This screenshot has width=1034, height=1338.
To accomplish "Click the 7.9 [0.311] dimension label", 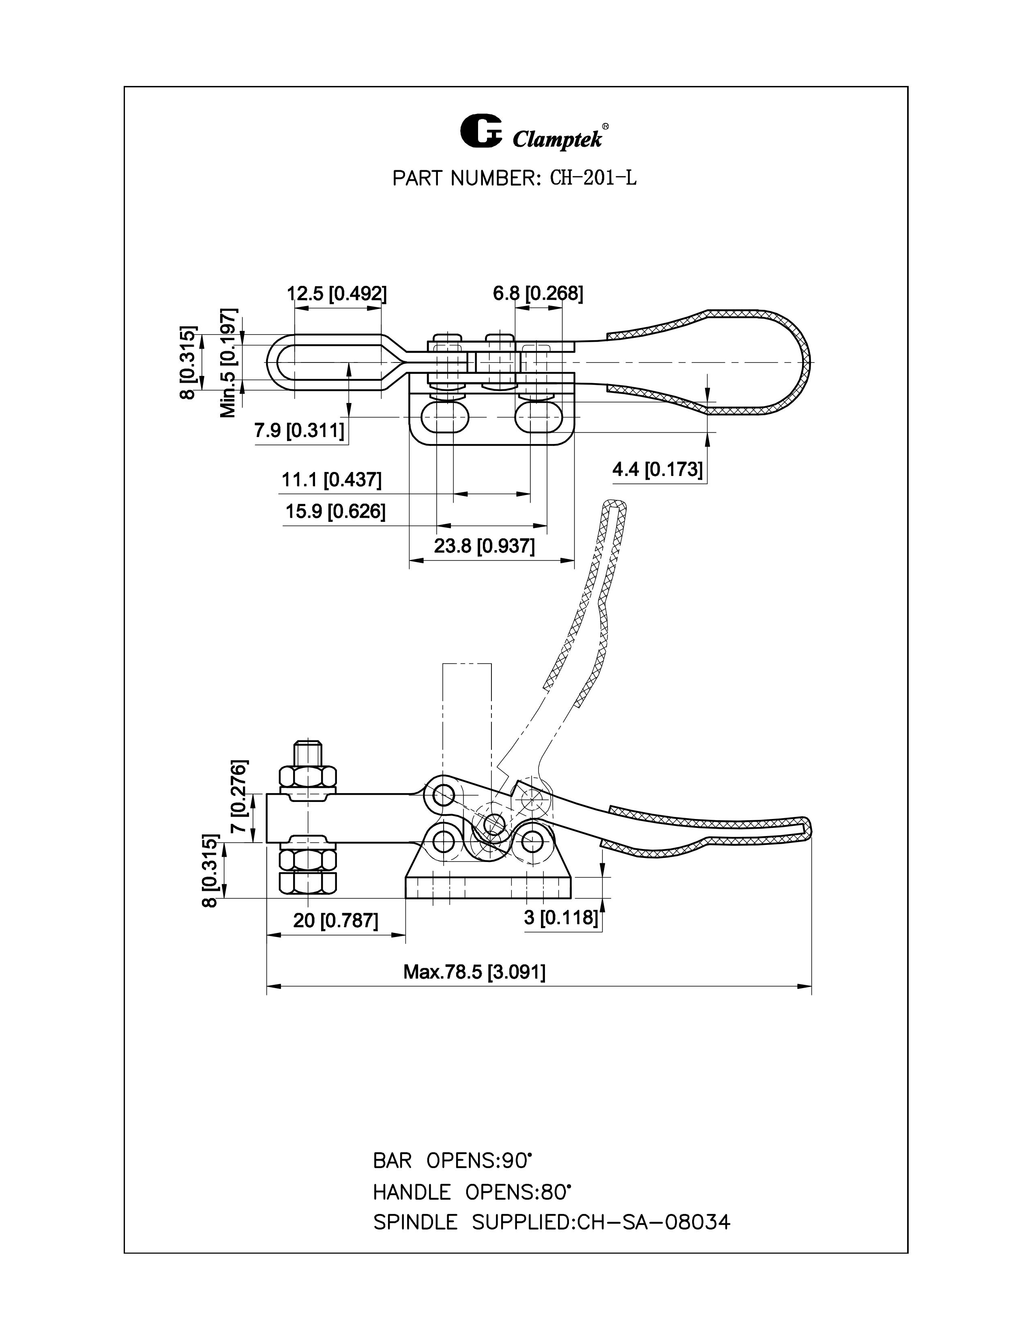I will [300, 431].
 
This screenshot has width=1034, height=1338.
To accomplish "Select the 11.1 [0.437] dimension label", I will [331, 480].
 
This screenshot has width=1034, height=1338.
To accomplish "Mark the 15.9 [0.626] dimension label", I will [336, 511].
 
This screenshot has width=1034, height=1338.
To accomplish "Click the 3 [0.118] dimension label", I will [560, 918].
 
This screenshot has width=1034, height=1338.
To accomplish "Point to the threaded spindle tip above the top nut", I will [308, 752].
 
